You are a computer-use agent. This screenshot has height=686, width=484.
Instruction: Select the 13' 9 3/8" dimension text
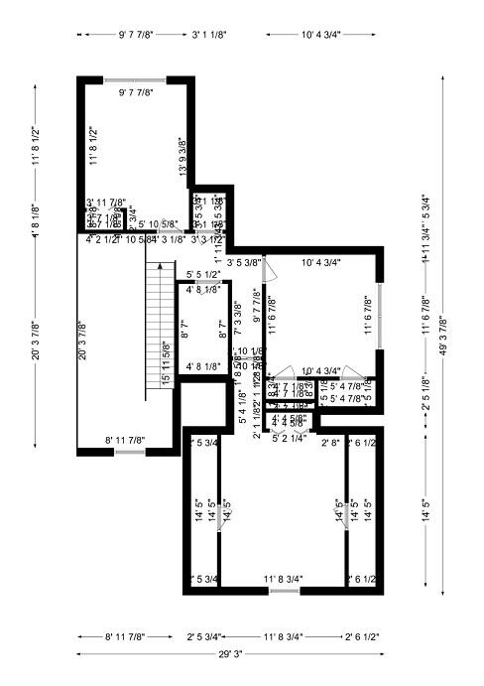[x=182, y=156]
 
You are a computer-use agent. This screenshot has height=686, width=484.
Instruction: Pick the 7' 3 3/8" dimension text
[x=238, y=315]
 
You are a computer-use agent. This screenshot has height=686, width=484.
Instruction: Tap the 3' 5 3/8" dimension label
[x=243, y=263]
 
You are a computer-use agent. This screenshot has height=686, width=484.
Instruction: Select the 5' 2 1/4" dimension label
[x=290, y=437]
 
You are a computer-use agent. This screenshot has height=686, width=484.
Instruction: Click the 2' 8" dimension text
[x=330, y=443]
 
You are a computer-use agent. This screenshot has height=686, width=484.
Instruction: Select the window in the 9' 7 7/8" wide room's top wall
[x=135, y=78]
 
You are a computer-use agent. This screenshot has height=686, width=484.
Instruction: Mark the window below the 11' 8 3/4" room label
[x=284, y=591]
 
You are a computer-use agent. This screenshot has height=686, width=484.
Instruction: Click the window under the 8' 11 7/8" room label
[x=129, y=453]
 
